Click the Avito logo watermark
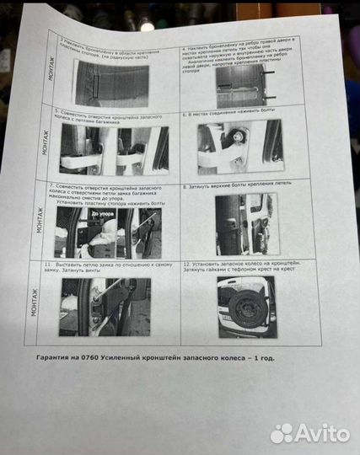[309, 432]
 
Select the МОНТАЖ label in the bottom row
[35, 300]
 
